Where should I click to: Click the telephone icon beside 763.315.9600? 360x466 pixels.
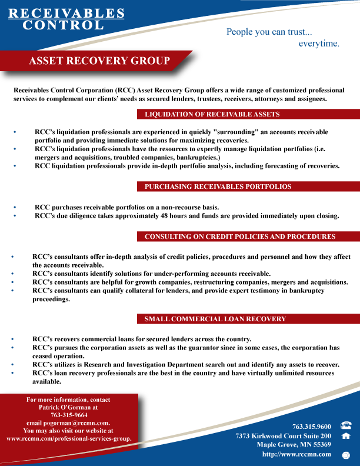[x=346, y=425]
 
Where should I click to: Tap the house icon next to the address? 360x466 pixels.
[x=346, y=436]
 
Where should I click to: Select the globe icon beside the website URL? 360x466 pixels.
[x=346, y=455]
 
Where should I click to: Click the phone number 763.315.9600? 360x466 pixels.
[x=312, y=426]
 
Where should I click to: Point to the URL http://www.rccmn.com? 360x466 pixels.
[x=296, y=454]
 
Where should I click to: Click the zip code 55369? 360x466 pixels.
[x=319, y=445]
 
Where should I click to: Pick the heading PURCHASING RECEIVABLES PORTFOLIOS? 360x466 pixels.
[x=218, y=187]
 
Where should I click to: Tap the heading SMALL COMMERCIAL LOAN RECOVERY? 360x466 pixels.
[x=215, y=319]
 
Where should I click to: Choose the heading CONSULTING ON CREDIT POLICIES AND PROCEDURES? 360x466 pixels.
[x=240, y=237]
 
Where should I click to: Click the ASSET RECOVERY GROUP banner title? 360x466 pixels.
[x=99, y=61]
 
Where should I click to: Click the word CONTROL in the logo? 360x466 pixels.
[x=63, y=25]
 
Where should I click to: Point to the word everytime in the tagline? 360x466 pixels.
[x=318, y=44]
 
